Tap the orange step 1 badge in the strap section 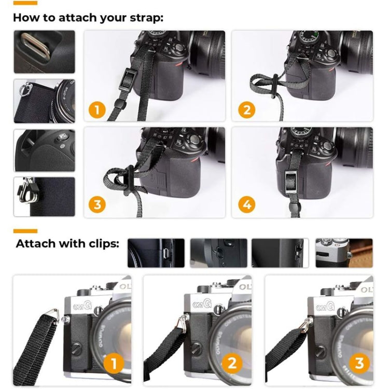(98, 109)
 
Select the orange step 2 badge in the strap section (246, 109)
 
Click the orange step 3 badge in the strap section (98, 205)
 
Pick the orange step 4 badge (246, 205)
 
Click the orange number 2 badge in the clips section (233, 362)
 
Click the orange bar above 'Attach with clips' (25, 231)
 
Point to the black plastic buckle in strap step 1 (126, 80)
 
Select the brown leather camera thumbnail (344, 253)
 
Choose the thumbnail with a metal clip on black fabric (44, 197)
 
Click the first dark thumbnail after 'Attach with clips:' (156, 253)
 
